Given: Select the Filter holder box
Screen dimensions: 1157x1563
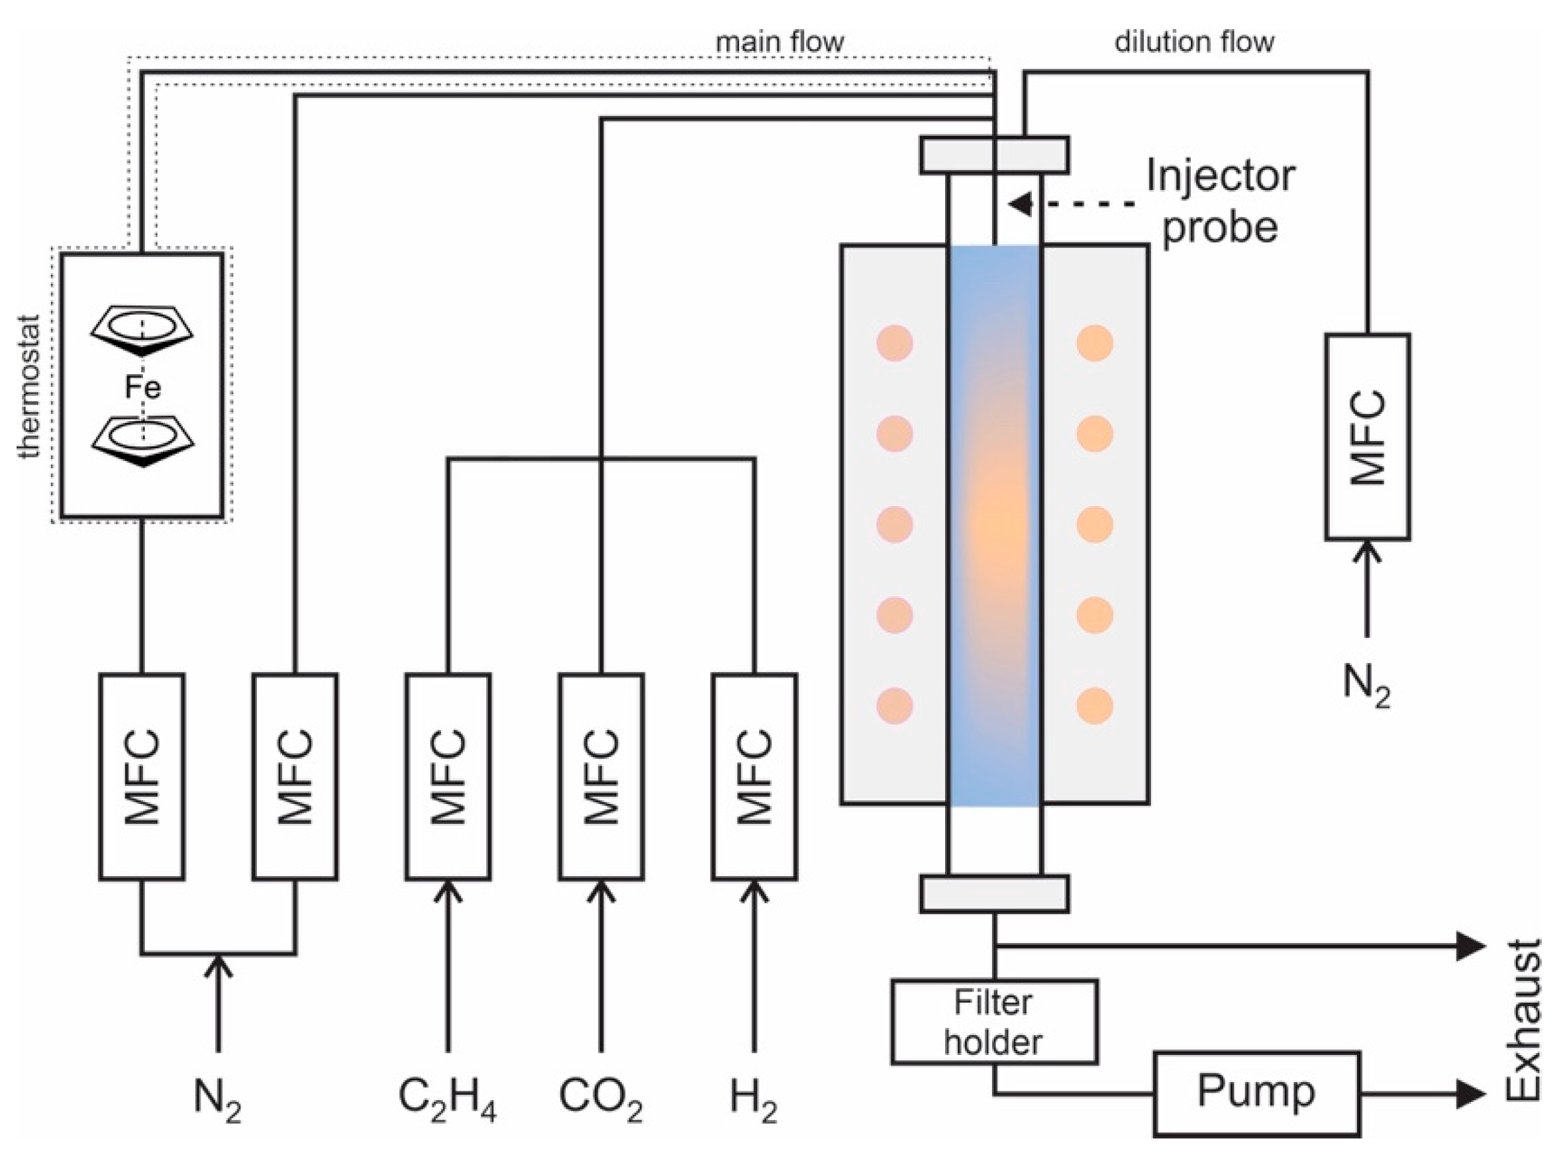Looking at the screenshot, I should (993, 1022).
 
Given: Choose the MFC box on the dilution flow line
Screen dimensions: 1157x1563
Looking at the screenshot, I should (1367, 437).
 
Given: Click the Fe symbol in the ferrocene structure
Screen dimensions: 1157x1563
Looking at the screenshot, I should (143, 387).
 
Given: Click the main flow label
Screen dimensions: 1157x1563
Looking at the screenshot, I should (780, 42).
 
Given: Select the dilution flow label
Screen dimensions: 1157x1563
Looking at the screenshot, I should (1194, 42).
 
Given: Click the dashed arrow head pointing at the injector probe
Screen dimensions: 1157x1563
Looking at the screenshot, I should (1021, 204).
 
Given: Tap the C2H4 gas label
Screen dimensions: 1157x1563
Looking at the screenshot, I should (448, 1098).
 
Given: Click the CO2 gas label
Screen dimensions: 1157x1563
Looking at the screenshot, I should (601, 1098).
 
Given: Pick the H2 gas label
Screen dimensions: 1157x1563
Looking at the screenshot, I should (754, 1098).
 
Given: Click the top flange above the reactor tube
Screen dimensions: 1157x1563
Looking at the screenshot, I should (993, 155).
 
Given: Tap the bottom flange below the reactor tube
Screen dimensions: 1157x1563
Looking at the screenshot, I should (993, 894).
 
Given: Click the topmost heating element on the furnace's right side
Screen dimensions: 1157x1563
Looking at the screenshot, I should (1095, 343).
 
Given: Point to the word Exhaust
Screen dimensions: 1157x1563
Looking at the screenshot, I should (1525, 1019).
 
